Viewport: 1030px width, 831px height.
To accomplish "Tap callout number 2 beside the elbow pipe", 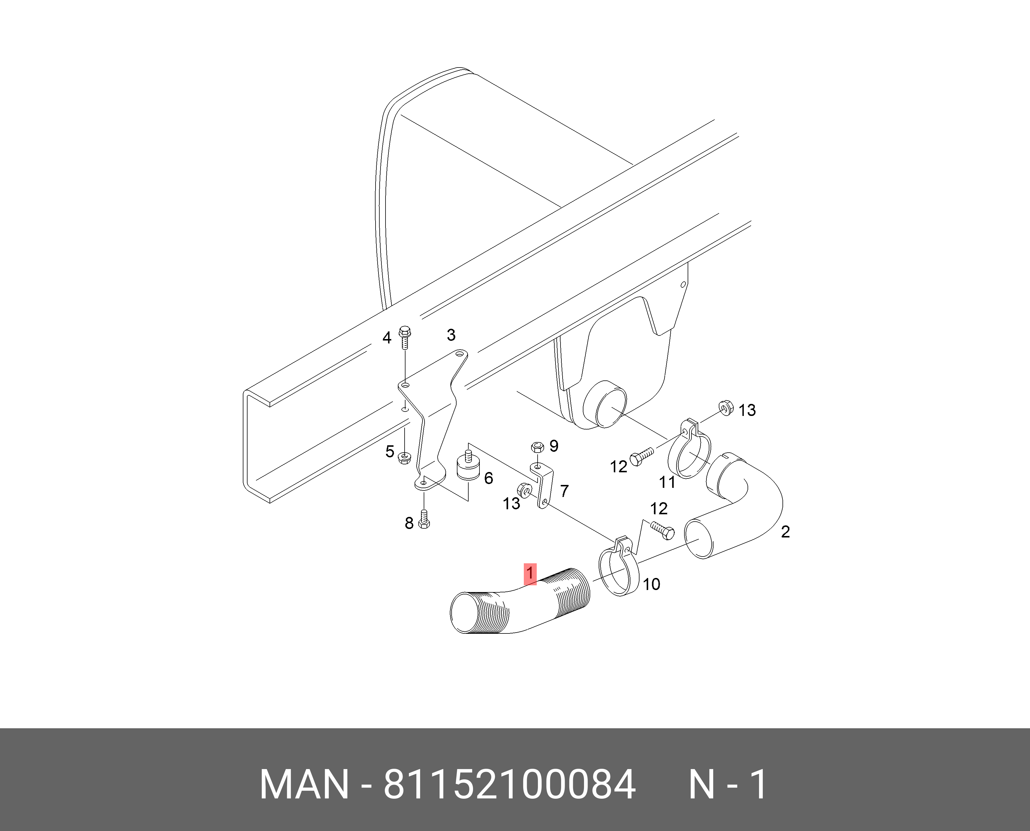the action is pyautogui.click(x=785, y=531).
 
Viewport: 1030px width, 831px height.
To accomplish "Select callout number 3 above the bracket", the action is pyautogui.click(x=451, y=335).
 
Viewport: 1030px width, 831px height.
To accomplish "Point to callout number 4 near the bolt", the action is pyautogui.click(x=387, y=338).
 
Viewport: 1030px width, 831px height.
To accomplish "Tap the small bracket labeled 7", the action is pyautogui.click(x=543, y=486).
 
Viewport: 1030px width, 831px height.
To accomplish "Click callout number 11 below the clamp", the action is pyautogui.click(x=667, y=482).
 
